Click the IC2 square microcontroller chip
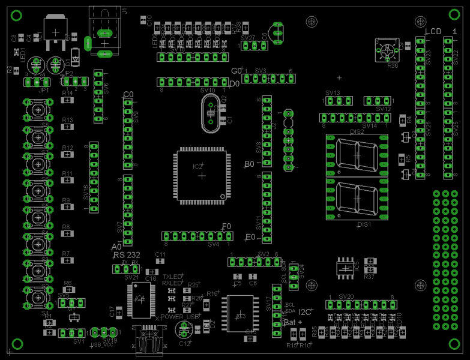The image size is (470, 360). (x=202, y=175)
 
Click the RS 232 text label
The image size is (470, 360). (x=126, y=255)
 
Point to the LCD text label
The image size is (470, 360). (x=433, y=31)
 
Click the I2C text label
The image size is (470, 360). (x=305, y=312)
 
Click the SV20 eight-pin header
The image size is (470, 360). (x=361, y=305)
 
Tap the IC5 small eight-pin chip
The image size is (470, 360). (x=345, y=271)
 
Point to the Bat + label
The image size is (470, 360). (x=292, y=322)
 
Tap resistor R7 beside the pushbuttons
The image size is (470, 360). (x=67, y=260)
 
